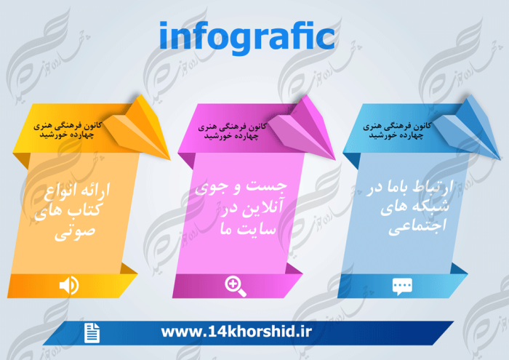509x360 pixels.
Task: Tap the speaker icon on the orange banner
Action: point(69,285)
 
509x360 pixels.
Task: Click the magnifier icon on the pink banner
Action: point(236,285)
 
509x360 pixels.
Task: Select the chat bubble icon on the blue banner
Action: point(401,285)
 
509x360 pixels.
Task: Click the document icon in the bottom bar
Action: point(92,333)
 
